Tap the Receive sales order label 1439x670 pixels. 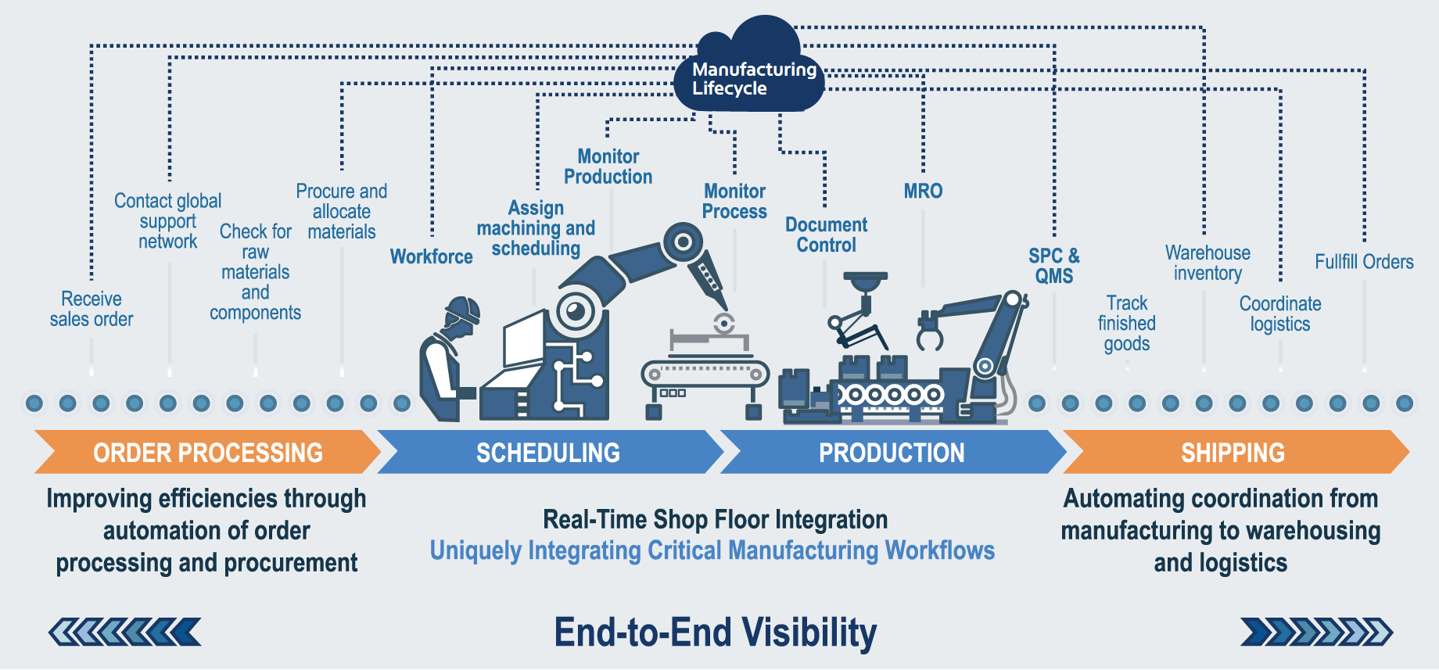[x=92, y=309]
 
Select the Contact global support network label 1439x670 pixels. [x=167, y=221]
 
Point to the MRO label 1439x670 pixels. [x=923, y=191]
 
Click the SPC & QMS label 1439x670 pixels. [x=1053, y=266]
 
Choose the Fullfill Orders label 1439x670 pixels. [x=1364, y=262]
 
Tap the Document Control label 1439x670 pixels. [x=826, y=235]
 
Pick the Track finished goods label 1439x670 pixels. [x=1126, y=323]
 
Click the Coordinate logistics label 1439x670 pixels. [x=1280, y=314]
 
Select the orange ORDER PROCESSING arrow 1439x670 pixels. [x=207, y=452]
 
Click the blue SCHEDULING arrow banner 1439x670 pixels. [x=548, y=452]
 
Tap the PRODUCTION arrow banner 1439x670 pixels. [x=892, y=452]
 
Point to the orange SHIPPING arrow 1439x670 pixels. [x=1233, y=452]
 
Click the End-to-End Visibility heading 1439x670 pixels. [x=716, y=632]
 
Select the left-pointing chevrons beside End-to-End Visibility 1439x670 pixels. [x=125, y=632]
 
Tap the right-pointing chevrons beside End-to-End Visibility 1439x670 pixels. [x=1316, y=632]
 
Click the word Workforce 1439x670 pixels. [x=431, y=256]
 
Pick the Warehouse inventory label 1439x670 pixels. [x=1208, y=263]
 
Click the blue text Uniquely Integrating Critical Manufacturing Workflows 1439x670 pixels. [x=712, y=550]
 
